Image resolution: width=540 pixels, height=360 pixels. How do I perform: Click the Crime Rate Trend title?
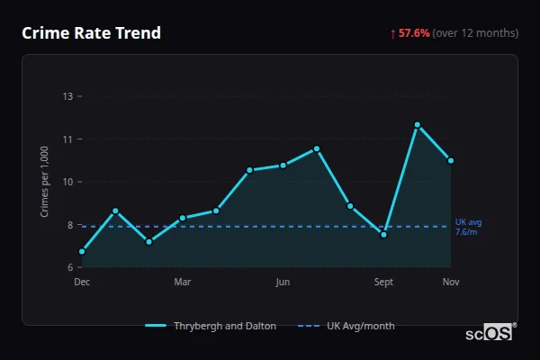coord(91,33)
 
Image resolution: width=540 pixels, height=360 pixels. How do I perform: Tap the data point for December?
coord(82,251)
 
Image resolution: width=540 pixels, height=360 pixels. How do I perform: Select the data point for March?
coord(183,218)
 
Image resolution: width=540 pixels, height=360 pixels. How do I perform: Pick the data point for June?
coord(283,165)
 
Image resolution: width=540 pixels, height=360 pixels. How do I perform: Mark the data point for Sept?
coord(383,234)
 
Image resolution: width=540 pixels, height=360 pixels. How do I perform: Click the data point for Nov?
coord(450,160)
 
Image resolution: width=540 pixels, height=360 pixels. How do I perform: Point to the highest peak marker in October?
coord(418,124)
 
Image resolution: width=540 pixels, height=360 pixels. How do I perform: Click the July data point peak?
coord(317,148)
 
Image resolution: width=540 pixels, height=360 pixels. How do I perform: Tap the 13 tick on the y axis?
coord(67,96)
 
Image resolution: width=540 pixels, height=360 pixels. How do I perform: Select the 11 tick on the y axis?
coord(67,139)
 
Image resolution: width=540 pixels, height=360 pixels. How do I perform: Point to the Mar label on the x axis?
coord(183,283)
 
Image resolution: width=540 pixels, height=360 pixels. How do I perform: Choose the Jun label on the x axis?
coord(283,283)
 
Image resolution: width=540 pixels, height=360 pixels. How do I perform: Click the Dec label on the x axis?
coord(82,283)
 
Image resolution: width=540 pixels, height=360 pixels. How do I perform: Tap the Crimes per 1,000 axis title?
coord(44,182)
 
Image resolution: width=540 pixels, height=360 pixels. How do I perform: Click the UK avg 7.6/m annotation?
coord(468,227)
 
